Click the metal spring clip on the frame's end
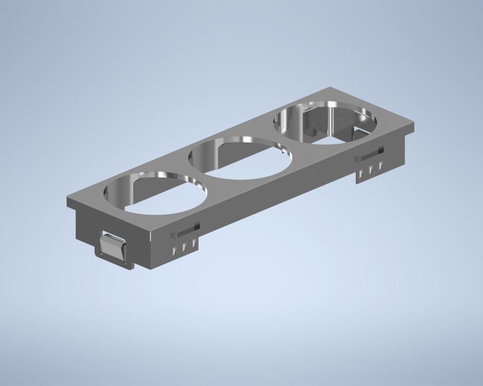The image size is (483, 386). (112, 247)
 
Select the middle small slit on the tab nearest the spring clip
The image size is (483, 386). (183, 248)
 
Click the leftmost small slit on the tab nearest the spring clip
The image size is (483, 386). (172, 251)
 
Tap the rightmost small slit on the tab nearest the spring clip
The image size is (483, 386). (194, 244)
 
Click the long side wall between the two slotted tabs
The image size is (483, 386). (278, 199)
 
